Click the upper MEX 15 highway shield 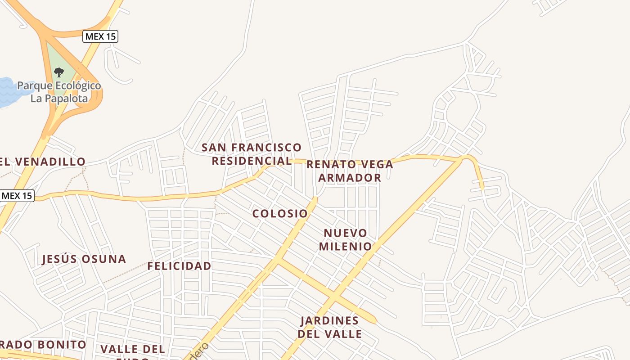click(100, 36)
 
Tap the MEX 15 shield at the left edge click(17, 196)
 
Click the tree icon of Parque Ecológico click(58, 72)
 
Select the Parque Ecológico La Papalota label click(59, 92)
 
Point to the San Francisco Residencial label click(252, 154)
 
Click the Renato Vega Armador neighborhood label click(350, 171)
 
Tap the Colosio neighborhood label click(280, 213)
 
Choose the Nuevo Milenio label click(346, 240)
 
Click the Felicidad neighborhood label click(179, 266)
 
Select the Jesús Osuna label click(84, 259)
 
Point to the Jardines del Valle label click(330, 327)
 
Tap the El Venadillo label click(43, 162)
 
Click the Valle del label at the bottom click(132, 349)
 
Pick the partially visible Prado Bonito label click(43, 345)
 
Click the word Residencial click(252, 161)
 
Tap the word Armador click(350, 178)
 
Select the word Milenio click(346, 247)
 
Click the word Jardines click(330, 321)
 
